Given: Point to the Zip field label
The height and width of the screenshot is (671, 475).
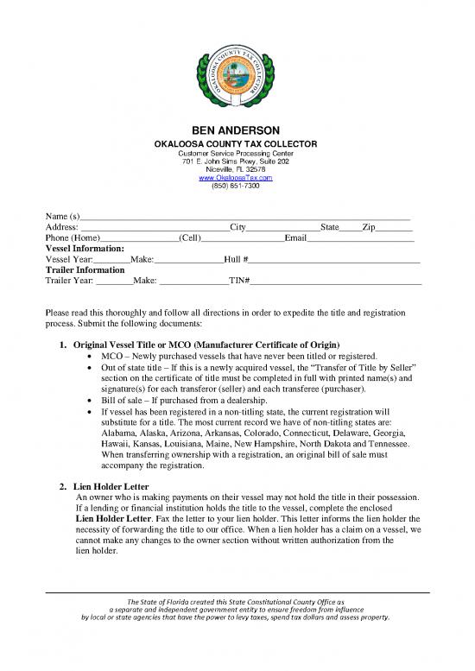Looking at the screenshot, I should [369, 225].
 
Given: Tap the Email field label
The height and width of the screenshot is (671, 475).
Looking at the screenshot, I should [296, 237].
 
